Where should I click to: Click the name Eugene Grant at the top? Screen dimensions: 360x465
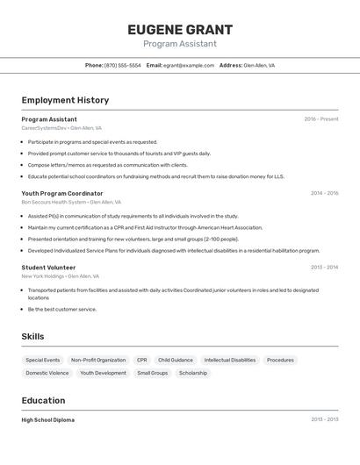[x=179, y=29]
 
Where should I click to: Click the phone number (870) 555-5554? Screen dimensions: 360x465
[x=123, y=65]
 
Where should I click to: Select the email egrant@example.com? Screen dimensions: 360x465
[x=189, y=65]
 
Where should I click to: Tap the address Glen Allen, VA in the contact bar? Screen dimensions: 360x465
[x=259, y=65]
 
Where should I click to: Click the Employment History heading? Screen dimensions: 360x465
[x=65, y=100]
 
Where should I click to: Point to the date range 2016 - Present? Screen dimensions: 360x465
[x=321, y=119]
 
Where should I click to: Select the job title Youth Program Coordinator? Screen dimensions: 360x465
[x=62, y=193]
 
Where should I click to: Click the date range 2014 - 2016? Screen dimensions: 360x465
[x=324, y=193]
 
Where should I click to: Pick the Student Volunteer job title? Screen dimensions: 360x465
[x=48, y=268]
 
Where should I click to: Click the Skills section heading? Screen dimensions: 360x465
[x=32, y=336]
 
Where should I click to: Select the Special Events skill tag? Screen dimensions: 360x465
[x=43, y=360]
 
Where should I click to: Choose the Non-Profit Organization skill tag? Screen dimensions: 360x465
[x=98, y=360]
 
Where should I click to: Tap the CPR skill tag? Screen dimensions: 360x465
[x=142, y=360]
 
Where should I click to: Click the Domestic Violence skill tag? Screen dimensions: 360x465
[x=47, y=373]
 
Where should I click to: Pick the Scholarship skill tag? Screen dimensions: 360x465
[x=193, y=373]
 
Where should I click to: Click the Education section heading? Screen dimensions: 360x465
[x=45, y=400]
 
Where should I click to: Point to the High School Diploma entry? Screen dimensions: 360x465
[x=48, y=420]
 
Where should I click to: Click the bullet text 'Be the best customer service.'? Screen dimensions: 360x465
[x=62, y=309]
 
